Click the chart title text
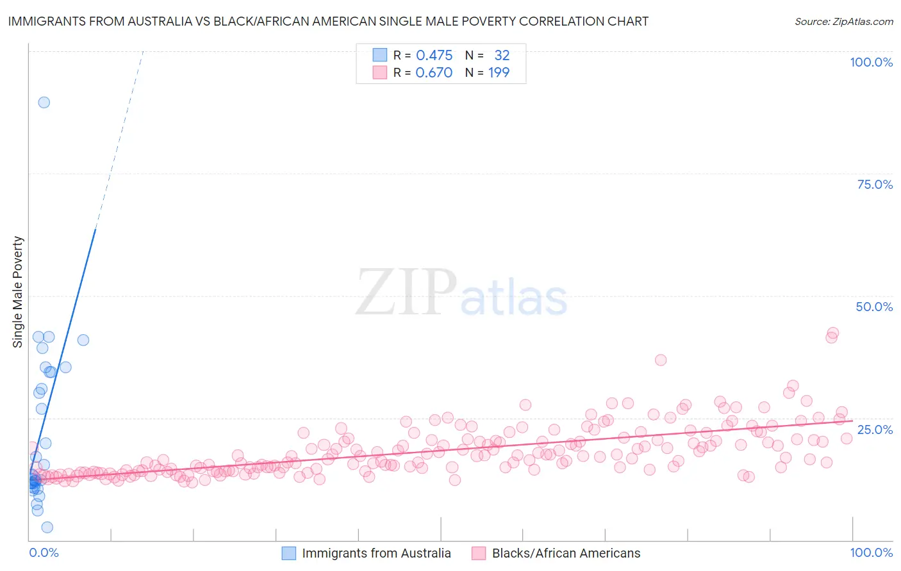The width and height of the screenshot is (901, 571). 327,21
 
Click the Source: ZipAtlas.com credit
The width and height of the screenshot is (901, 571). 843,21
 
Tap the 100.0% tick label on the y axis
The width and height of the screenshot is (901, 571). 871,62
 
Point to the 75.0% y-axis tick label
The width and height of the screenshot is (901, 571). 875,184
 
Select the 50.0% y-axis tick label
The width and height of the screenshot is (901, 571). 874,307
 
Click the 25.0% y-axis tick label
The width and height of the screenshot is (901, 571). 875,429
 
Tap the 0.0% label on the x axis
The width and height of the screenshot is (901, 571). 44,552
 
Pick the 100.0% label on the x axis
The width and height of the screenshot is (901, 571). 871,552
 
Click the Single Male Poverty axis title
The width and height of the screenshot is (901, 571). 18,292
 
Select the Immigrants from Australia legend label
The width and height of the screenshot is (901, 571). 376,553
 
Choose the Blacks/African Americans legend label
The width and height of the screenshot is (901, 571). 566,553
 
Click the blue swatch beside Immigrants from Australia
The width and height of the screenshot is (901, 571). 289,553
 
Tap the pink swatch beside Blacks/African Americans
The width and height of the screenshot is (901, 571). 479,553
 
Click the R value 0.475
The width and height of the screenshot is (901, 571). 434,56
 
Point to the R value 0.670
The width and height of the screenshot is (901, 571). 434,73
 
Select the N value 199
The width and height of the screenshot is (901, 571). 499,73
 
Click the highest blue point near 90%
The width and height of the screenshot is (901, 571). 44,102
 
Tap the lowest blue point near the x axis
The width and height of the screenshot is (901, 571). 47,527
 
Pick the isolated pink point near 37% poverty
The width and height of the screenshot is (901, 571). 661,360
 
